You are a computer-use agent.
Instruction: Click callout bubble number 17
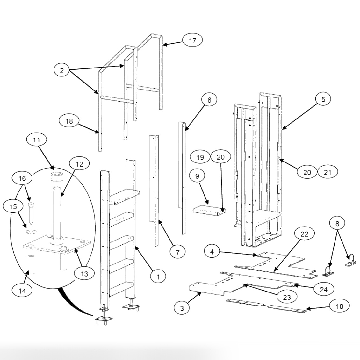(x=192, y=40)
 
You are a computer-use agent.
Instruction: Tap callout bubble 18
(x=69, y=121)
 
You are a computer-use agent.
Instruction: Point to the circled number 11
(x=36, y=140)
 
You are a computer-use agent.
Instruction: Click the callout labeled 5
(x=323, y=99)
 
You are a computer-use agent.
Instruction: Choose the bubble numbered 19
(x=200, y=157)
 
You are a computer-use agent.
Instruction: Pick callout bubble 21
(x=328, y=172)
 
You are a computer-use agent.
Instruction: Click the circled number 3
(x=182, y=308)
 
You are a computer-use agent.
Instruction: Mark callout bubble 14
(x=22, y=290)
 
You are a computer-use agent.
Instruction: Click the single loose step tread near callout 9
(x=209, y=211)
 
